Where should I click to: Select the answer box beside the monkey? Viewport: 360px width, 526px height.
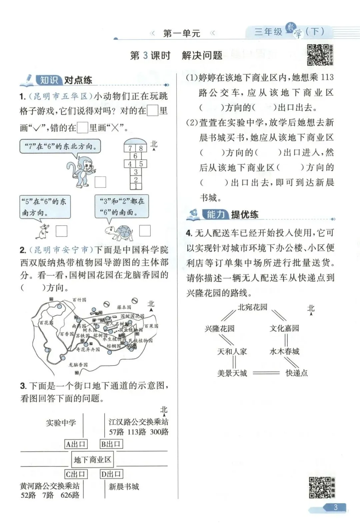100,182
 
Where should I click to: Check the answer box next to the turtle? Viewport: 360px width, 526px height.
145,231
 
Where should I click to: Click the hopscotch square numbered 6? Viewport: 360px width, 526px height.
135,156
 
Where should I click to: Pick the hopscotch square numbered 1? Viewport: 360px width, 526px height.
136,187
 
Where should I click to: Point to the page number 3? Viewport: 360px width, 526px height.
335,507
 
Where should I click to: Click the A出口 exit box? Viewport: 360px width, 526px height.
76,444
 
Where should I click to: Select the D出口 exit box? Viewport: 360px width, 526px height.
111,474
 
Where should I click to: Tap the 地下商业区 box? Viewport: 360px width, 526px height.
92,460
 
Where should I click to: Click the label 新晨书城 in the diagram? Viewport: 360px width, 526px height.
124,487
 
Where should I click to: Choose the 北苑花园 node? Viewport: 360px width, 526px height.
252,307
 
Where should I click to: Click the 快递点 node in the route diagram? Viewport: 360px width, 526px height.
297,373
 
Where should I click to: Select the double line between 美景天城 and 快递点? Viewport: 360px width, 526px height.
266,373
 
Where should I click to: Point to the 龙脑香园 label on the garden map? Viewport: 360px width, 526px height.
78,365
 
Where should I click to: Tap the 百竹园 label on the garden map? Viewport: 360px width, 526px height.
79,300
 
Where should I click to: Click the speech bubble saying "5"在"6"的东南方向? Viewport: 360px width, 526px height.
45,207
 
